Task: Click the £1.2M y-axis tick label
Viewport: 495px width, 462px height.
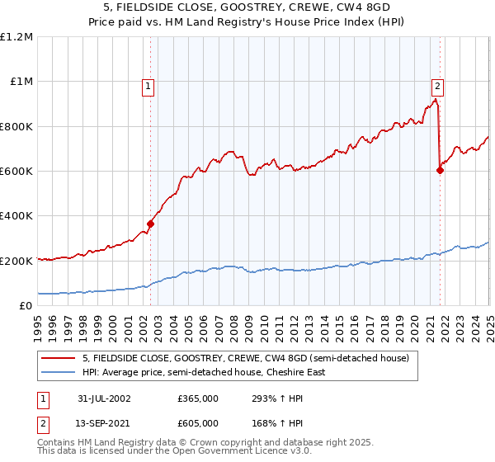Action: [x=16, y=37]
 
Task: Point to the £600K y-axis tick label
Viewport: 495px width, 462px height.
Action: [x=16, y=172]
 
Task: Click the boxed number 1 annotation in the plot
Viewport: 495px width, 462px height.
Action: [x=148, y=84]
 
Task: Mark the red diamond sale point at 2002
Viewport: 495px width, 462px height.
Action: [x=151, y=224]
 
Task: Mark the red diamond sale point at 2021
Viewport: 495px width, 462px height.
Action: [x=440, y=170]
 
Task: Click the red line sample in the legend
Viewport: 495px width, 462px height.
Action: [x=59, y=357]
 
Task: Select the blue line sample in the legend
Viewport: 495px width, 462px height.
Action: [x=59, y=372]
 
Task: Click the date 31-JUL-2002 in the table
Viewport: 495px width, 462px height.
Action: [x=104, y=398]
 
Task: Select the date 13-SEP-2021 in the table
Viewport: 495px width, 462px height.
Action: [x=104, y=421]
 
